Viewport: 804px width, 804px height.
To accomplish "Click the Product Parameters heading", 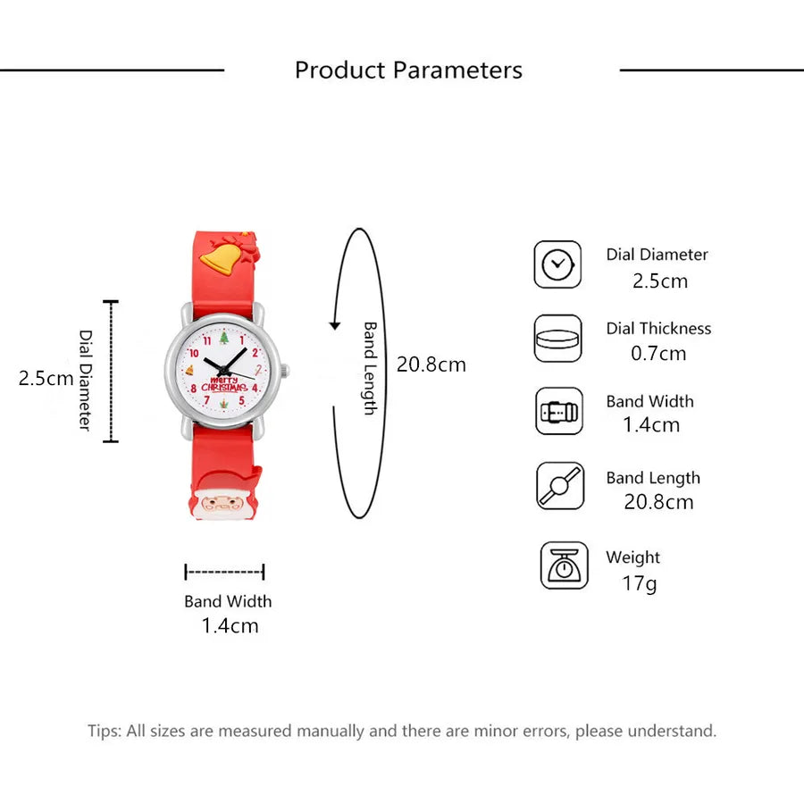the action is click(408, 71).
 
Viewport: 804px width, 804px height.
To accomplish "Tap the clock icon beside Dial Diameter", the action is click(557, 264).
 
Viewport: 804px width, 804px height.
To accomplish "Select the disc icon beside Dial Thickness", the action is click(557, 339).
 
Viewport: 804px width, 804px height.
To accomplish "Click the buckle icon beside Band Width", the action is click(559, 411).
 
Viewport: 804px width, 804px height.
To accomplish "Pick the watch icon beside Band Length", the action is click(560, 486).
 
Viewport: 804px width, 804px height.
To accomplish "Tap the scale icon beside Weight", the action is click(564, 565).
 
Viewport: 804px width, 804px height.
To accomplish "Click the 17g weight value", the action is click(640, 583).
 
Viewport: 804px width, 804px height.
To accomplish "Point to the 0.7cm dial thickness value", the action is click(658, 353).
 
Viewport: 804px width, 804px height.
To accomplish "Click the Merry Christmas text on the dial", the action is click(224, 384).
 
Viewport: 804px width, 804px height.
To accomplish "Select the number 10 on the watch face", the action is click(193, 353).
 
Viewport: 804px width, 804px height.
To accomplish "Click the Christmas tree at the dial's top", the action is click(224, 338).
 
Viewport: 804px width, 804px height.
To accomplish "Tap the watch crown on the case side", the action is click(285, 371).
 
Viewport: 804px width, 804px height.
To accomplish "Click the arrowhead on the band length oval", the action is click(335, 325).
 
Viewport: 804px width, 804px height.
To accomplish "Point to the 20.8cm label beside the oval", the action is click(431, 364).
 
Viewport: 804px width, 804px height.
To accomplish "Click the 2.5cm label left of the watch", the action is click(46, 379).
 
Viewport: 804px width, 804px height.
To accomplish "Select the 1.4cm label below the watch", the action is click(230, 625).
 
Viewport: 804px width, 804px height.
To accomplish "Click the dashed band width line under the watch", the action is click(224, 572).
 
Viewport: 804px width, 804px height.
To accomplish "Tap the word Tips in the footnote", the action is click(105, 731).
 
